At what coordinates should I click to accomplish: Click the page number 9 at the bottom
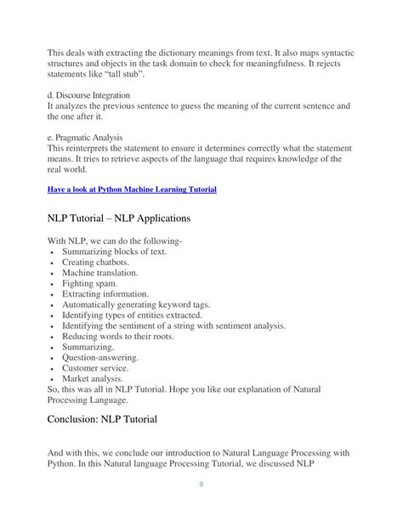click(201, 484)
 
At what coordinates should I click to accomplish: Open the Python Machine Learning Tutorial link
click(131, 189)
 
